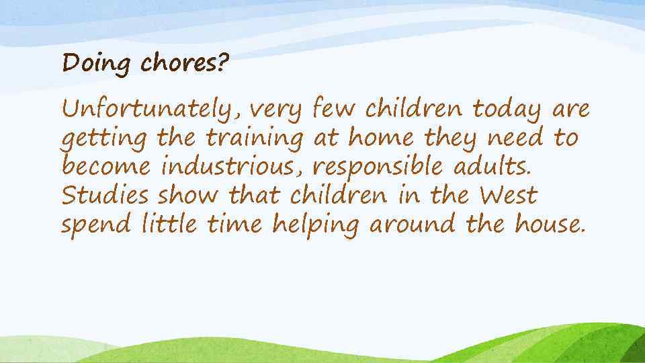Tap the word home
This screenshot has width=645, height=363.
point(380,138)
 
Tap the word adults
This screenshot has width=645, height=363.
point(494,167)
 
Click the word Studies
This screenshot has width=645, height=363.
point(105,196)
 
